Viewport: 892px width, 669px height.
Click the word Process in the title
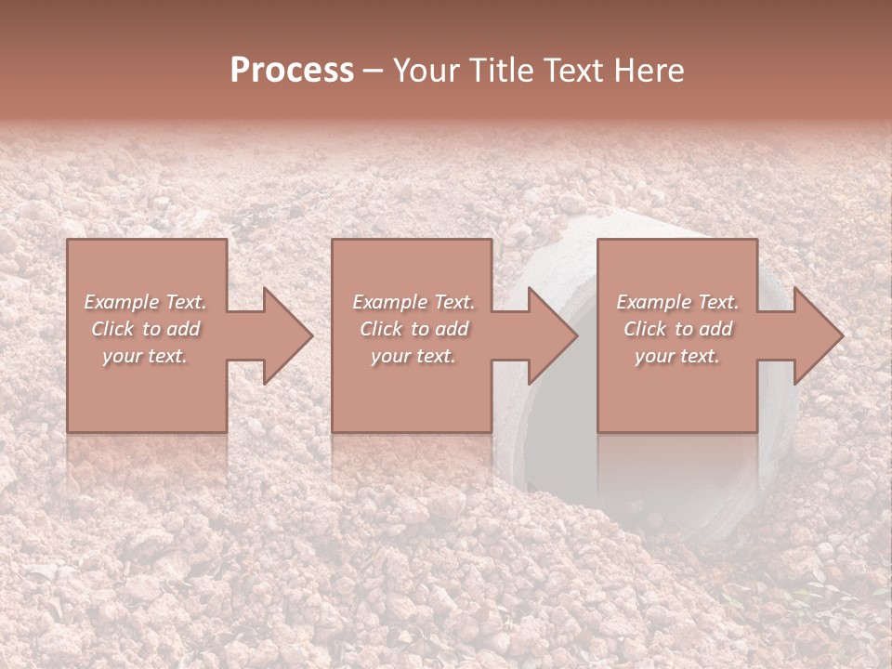click(292, 71)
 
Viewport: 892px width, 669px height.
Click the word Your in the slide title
click(424, 71)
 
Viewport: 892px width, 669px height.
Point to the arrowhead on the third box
click(816, 335)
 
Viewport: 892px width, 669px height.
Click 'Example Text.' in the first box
click(145, 302)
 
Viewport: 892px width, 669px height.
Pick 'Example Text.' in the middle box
click(413, 302)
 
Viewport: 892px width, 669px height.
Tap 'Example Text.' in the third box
click(677, 302)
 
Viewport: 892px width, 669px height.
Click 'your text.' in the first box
click(145, 356)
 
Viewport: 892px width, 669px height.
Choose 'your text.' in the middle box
click(413, 356)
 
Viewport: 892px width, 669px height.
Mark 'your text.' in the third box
click(677, 356)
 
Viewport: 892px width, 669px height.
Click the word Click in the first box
click(112, 329)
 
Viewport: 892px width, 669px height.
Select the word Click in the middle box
click(381, 329)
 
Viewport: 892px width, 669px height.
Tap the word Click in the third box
click(645, 329)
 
